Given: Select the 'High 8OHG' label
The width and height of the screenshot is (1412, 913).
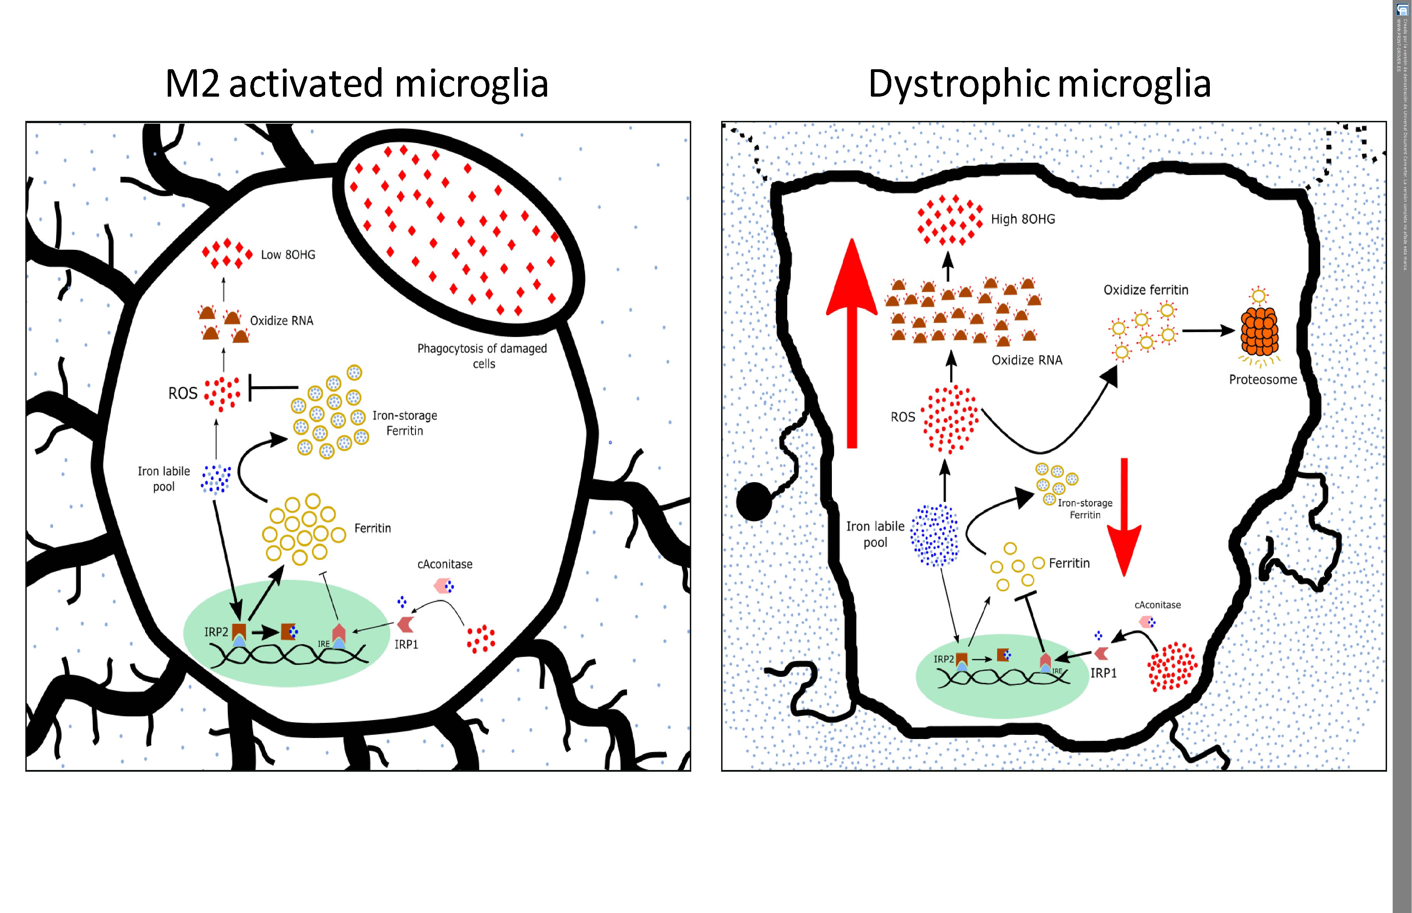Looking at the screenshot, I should [x=1023, y=219].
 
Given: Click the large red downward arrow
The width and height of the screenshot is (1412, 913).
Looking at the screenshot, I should [x=1124, y=516].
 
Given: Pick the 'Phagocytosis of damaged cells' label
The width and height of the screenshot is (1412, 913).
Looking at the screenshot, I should [x=482, y=356].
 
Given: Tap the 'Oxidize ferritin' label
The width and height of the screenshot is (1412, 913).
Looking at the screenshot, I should [x=1146, y=290].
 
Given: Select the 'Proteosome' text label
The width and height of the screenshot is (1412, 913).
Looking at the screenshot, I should [x=1263, y=380].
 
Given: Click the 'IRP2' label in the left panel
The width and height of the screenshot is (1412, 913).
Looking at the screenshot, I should [x=216, y=632].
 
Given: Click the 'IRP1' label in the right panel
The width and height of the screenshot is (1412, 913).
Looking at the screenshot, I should [x=1103, y=673].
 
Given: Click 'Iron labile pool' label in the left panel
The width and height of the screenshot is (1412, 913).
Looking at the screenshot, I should [x=164, y=478].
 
